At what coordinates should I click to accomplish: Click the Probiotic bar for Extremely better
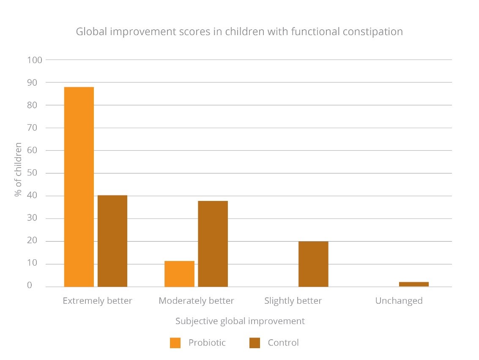coord(79,187)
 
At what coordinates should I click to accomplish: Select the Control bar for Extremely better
coord(112,241)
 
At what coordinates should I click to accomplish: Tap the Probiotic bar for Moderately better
coord(179,274)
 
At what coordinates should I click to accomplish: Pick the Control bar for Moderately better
coord(213,244)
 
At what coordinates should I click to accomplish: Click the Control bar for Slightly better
coord(313,264)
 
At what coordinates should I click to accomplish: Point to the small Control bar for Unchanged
coord(413,284)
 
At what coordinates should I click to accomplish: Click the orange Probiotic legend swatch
coord(175,343)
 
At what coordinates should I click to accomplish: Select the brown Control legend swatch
coord(255,343)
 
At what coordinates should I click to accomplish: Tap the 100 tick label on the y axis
coord(35,60)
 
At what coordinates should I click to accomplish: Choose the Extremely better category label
coord(97,301)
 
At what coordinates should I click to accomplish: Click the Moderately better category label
coord(196,301)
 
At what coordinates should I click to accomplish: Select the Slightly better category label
coord(293,301)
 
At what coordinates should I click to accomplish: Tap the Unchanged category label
coord(399,301)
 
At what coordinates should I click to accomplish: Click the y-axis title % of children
coord(18,170)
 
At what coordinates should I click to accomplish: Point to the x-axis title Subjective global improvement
coord(240,321)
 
